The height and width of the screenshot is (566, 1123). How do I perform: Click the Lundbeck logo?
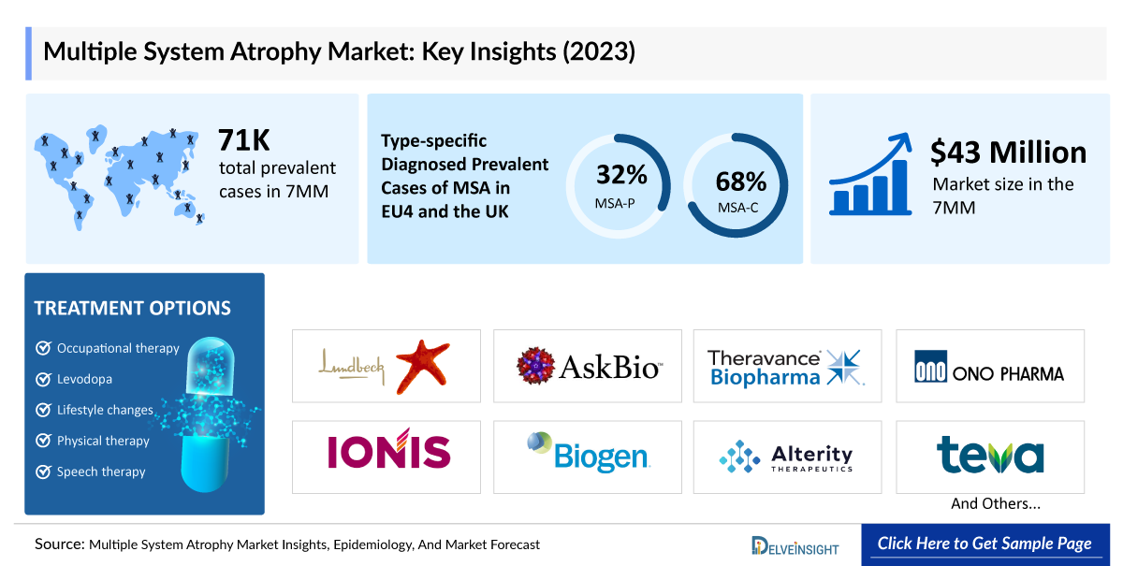(x=386, y=366)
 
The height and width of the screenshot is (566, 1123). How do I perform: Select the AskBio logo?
(x=587, y=366)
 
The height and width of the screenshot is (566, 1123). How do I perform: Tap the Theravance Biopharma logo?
(x=786, y=367)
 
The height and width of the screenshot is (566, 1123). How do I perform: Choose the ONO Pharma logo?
(x=989, y=367)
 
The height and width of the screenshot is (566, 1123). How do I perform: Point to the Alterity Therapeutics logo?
(x=786, y=457)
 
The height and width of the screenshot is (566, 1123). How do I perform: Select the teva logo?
(x=989, y=455)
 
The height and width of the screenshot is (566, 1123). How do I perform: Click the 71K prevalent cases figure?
(x=244, y=140)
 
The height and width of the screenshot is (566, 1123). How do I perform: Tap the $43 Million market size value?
(x=1008, y=152)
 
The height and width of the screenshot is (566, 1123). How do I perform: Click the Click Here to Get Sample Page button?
(x=984, y=544)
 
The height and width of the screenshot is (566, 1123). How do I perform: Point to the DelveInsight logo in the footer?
(x=795, y=546)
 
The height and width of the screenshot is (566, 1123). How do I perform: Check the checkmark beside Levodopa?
(x=43, y=379)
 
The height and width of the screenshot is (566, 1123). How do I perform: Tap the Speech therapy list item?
(x=101, y=472)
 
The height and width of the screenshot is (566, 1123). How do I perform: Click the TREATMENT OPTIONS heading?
(x=132, y=308)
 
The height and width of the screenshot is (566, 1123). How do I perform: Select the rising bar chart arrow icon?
(x=869, y=175)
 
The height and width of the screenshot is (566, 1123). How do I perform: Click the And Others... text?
(x=996, y=503)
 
